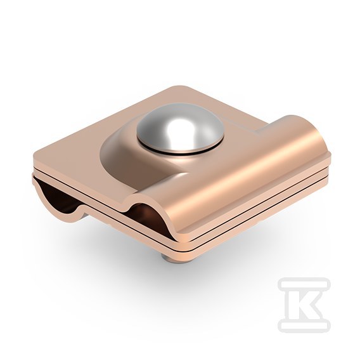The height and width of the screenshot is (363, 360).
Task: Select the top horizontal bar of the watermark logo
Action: pos(304,282)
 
